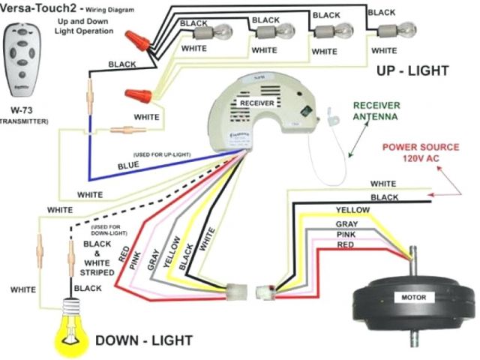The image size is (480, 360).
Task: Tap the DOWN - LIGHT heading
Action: tap(144, 340)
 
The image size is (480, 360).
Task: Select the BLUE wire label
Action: tap(128, 163)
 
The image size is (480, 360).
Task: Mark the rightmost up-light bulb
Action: tap(388, 30)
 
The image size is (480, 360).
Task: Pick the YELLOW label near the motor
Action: tap(352, 209)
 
